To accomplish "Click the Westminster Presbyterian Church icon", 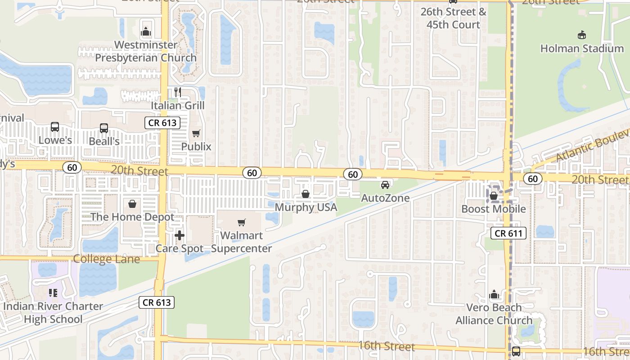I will coord(146,32).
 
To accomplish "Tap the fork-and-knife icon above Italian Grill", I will coord(178,92).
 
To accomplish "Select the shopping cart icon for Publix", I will coord(196,133).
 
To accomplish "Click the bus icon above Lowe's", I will coord(55,127).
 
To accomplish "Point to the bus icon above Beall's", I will coord(104,128).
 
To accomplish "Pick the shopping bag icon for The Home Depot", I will coord(132,204).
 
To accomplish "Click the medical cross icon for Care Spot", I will coord(180,235).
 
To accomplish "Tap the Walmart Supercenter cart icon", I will coord(242,222).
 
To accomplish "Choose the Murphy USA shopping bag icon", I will coord(306,194).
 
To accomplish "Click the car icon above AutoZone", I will coord(385,184).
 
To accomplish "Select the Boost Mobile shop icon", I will coord(494,196).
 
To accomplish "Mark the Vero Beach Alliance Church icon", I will coord(494,295).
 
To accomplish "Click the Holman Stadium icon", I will coord(582,35).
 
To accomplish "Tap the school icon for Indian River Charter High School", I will coord(53,293).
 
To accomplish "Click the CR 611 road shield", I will coord(508,233).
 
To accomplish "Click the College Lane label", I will coord(106,259).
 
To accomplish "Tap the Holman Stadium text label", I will coord(582,48).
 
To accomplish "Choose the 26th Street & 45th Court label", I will coord(453,18).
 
